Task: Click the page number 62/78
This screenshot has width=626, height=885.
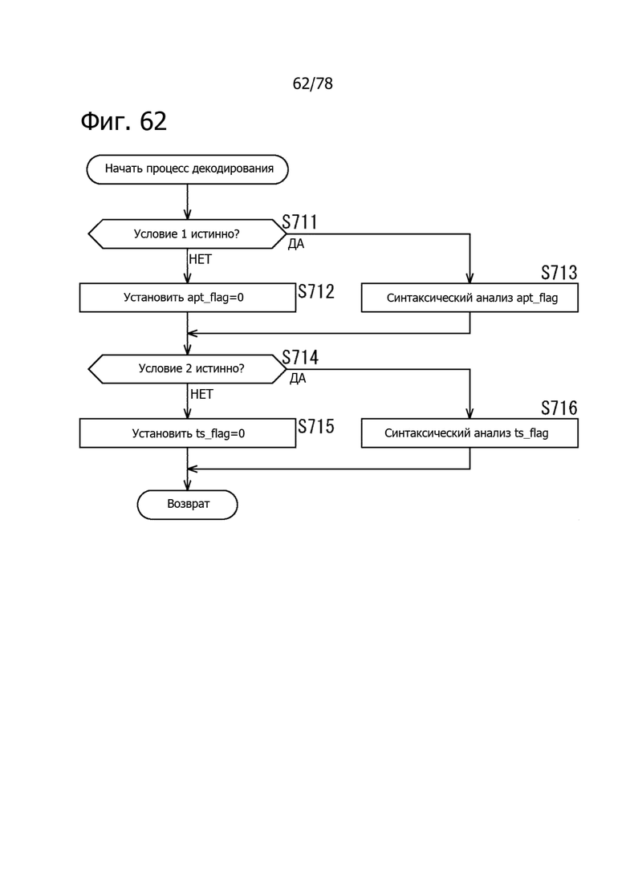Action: tap(313, 83)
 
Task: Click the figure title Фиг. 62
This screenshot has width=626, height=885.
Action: tap(124, 121)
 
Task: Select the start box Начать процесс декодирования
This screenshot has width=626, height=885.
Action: tap(188, 169)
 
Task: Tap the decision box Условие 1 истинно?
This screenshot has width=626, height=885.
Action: tap(188, 234)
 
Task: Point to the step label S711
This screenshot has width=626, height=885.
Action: tap(299, 221)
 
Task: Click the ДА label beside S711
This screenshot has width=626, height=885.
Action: tap(296, 245)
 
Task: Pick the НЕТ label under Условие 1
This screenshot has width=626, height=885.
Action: tap(201, 259)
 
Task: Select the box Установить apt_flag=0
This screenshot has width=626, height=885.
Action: tap(188, 298)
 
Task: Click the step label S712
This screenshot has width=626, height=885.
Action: tap(316, 291)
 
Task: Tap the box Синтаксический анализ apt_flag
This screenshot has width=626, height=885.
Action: tap(469, 298)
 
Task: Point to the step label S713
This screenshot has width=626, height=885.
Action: tap(559, 273)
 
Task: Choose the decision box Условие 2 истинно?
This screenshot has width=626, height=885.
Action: tap(188, 369)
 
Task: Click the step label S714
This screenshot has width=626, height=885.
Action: tap(300, 357)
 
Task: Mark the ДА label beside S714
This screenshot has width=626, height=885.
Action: tap(298, 379)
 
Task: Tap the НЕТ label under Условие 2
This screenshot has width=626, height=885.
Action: tap(201, 394)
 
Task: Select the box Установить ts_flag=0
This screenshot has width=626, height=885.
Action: tap(188, 433)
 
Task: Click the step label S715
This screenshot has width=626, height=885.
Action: tap(316, 427)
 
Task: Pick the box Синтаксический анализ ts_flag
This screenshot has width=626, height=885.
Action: tap(469, 433)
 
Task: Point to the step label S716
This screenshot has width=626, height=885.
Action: tap(559, 408)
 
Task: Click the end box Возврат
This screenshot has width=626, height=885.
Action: tap(188, 505)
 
